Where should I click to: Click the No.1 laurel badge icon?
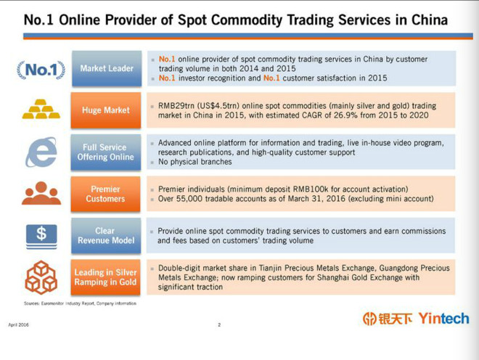coord(41,70)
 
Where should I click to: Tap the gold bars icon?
coord(41,109)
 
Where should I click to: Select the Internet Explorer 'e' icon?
coord(41,152)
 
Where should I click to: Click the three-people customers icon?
coord(41,193)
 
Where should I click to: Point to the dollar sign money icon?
coord(41,237)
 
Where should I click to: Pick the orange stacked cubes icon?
coord(41,277)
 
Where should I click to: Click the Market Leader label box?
coord(107,68)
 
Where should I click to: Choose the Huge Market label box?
coord(106,110)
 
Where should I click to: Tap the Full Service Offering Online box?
coord(106,152)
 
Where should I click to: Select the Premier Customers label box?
coord(105,194)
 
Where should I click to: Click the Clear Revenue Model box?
coord(106,236)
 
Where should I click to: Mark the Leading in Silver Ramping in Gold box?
coord(105,277)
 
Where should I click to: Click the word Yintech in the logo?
coord(444,319)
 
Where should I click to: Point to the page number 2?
coord(219,325)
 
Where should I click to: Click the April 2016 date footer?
coord(19,325)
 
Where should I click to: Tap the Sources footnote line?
coord(80,303)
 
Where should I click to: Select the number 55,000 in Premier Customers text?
coord(189,199)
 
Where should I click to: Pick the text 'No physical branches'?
coord(195,162)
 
